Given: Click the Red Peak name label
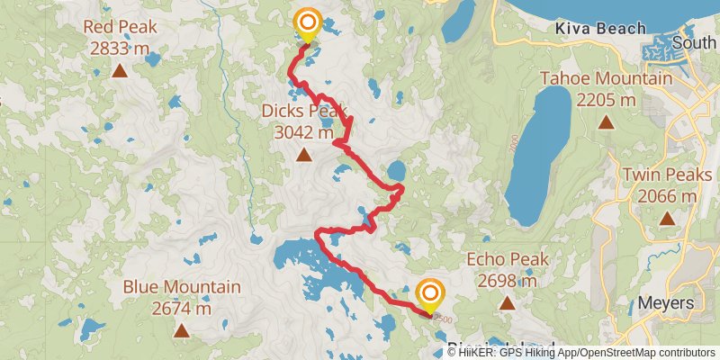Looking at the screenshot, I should click(120, 27).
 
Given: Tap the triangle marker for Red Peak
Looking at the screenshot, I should click(120, 69).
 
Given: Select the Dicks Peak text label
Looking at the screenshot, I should click(304, 112).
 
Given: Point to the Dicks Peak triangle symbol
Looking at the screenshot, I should click(304, 155).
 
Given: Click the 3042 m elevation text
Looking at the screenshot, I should click(304, 132).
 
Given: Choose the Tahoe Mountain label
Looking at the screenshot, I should click(606, 79).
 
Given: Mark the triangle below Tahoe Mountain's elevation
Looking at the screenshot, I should click(606, 121).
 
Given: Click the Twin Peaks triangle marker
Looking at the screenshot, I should click(667, 218).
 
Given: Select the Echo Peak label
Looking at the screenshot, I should click(508, 260).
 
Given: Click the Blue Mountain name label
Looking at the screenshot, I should click(182, 288).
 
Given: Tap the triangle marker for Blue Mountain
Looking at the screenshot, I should click(182, 330).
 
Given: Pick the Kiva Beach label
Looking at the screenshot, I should click(601, 29).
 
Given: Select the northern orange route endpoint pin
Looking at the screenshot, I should click(308, 22).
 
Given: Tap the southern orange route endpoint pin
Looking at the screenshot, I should click(431, 294).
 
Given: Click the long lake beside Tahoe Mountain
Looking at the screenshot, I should click(540, 144).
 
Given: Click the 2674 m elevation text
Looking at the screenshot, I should click(182, 309).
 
